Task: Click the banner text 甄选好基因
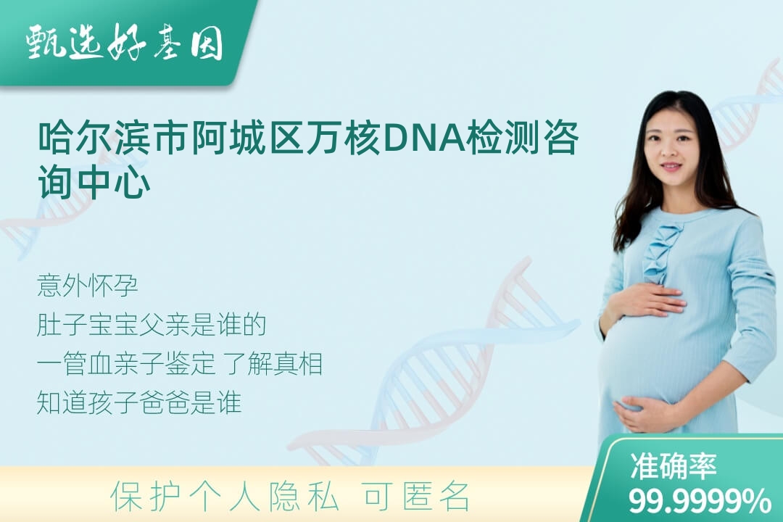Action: (x=125, y=42)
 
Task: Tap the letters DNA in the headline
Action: (x=424, y=137)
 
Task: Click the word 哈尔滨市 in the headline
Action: (x=115, y=137)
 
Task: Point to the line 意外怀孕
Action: (x=88, y=286)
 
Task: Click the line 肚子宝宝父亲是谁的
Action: (x=152, y=325)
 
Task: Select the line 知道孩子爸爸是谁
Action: (x=139, y=402)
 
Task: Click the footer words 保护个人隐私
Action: (x=225, y=497)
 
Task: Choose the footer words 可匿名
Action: (x=418, y=497)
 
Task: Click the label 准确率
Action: (x=673, y=465)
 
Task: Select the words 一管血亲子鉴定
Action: (x=126, y=364)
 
